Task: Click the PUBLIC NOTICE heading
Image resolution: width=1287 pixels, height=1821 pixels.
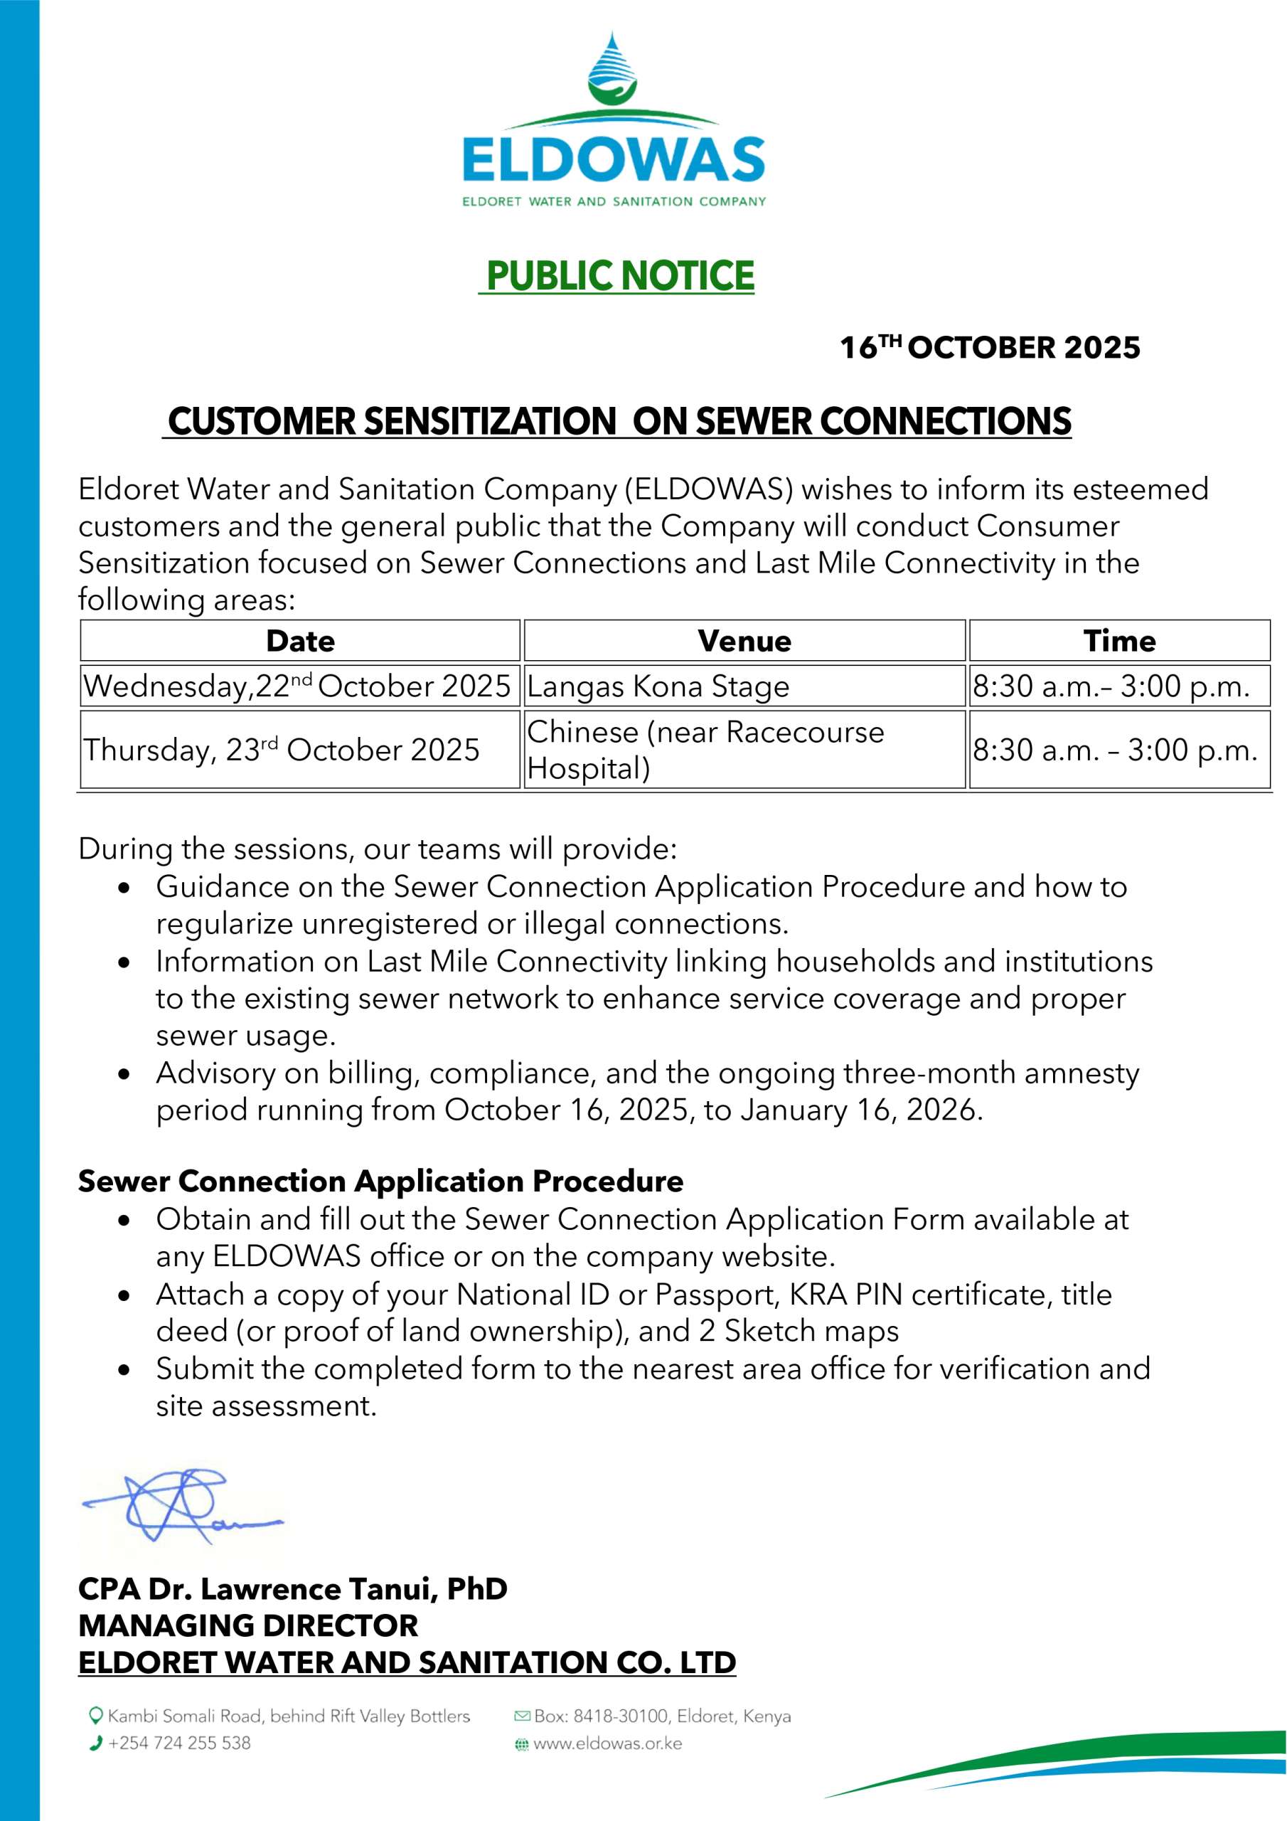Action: tap(619, 275)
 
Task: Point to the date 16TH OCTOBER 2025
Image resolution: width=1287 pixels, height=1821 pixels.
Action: tap(990, 347)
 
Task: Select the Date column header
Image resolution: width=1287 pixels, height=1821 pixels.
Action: tap(300, 641)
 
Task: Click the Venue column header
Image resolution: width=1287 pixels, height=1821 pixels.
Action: tap(744, 641)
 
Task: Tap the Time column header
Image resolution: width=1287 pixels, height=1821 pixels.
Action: tap(1119, 641)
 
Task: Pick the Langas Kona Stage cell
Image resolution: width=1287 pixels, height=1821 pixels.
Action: tap(658, 686)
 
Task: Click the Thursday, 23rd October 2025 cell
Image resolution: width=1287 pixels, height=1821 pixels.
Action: tap(282, 750)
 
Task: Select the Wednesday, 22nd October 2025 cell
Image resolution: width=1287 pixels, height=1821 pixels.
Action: tap(297, 686)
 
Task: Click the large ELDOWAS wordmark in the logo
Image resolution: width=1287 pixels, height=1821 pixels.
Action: tap(613, 160)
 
